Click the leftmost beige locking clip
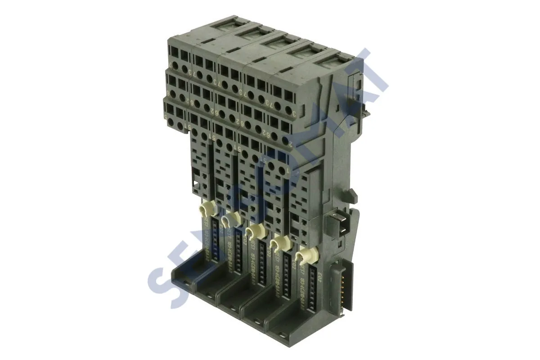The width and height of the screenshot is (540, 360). [x=206, y=208]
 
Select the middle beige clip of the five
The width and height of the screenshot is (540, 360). [x=255, y=231]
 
